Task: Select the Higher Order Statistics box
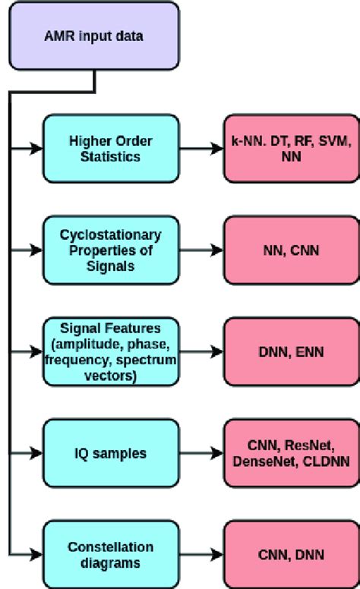coord(111,148)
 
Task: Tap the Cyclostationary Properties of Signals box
coord(111,249)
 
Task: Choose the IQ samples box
coord(111,453)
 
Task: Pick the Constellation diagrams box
coord(111,554)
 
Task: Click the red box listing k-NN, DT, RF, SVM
coord(288,148)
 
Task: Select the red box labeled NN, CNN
coord(288,249)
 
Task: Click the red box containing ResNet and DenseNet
coord(288,453)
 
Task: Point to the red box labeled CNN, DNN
coord(288,554)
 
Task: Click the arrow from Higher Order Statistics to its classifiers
coord(201,148)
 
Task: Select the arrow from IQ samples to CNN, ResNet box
coord(201,453)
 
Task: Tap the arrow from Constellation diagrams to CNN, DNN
coord(201,554)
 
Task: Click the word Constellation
coord(111,547)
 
